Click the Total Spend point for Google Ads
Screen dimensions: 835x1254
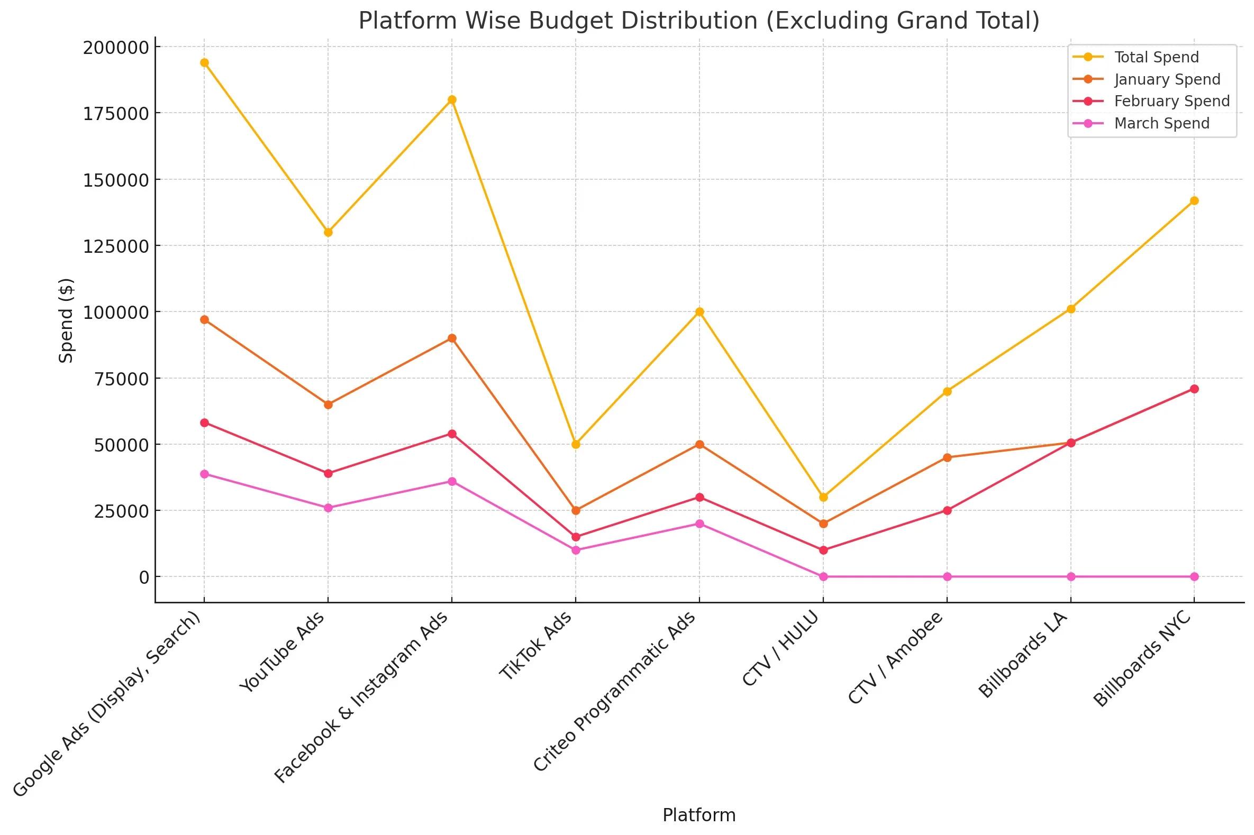pyautogui.click(x=204, y=63)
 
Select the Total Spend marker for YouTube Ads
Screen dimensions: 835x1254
pyautogui.click(x=328, y=232)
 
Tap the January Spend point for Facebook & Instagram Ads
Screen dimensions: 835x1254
pyautogui.click(x=452, y=338)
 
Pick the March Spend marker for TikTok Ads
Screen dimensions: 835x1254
pyautogui.click(x=576, y=550)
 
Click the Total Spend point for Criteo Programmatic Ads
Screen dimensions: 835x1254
pyautogui.click(x=699, y=311)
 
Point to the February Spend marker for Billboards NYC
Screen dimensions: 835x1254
pyautogui.click(x=1194, y=389)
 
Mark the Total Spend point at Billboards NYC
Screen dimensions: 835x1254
pyautogui.click(x=1194, y=201)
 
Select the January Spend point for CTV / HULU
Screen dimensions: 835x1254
pyautogui.click(x=824, y=524)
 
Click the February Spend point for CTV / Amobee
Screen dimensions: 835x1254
pyautogui.click(x=947, y=510)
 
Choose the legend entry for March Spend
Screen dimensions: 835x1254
pyautogui.click(x=1161, y=124)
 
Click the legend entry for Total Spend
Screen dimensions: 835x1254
pyautogui.click(x=1156, y=57)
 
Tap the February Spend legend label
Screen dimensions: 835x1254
pyautogui.click(x=1171, y=101)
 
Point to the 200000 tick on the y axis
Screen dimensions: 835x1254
pyautogui.click(x=115, y=48)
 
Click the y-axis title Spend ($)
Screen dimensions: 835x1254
pyautogui.click(x=66, y=320)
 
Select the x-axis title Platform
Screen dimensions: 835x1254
pyautogui.click(x=699, y=815)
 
